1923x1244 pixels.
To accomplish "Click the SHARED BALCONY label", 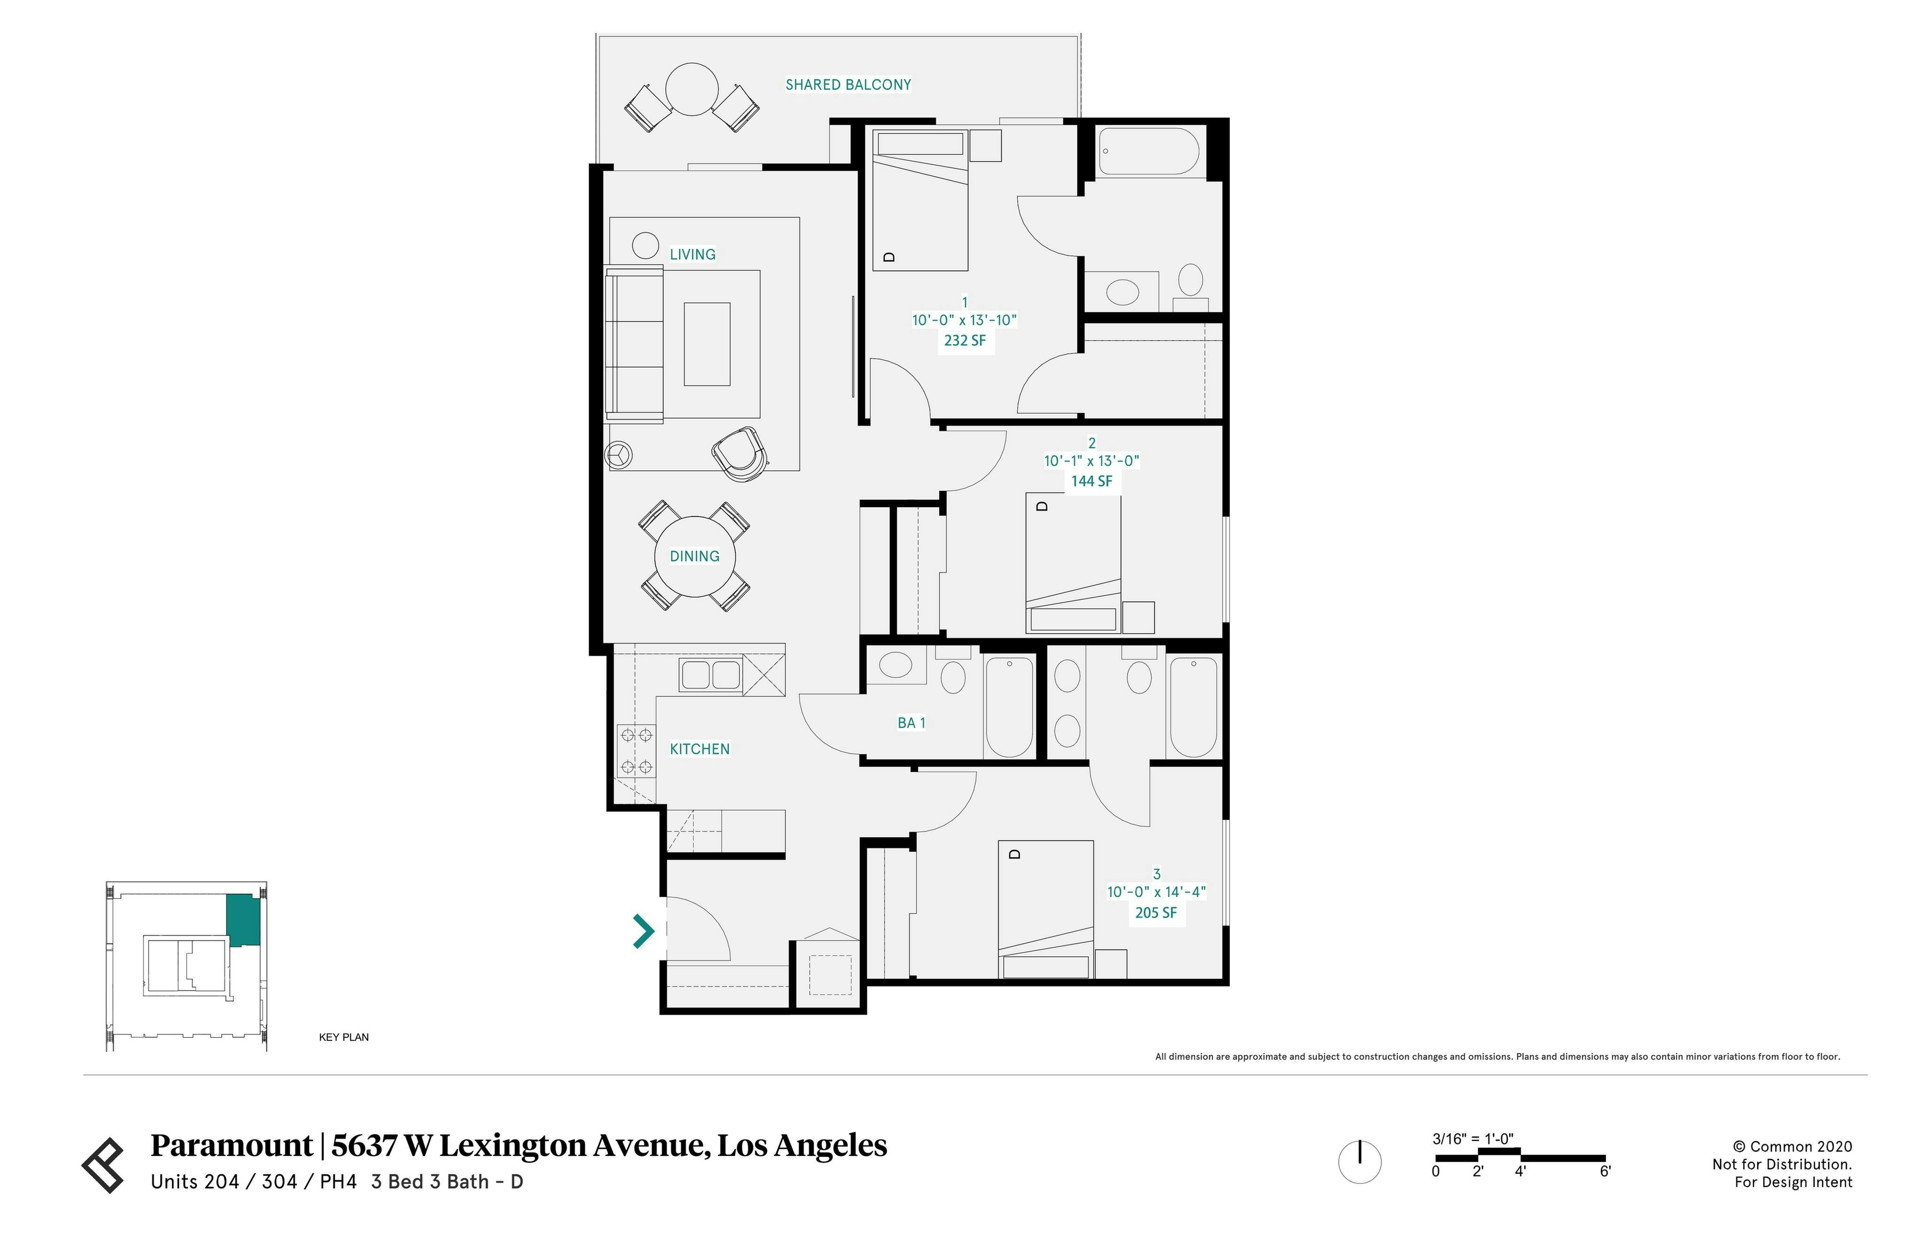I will [x=847, y=85].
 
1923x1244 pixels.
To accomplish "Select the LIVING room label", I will [x=692, y=254].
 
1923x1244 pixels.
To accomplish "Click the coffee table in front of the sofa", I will [x=707, y=344].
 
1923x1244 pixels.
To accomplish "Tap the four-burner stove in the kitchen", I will [x=636, y=751].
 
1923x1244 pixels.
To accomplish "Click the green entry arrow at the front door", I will [x=643, y=930].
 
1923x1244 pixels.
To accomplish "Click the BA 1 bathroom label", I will [x=911, y=723].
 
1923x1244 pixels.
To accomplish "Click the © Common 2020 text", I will [x=1792, y=1146].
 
